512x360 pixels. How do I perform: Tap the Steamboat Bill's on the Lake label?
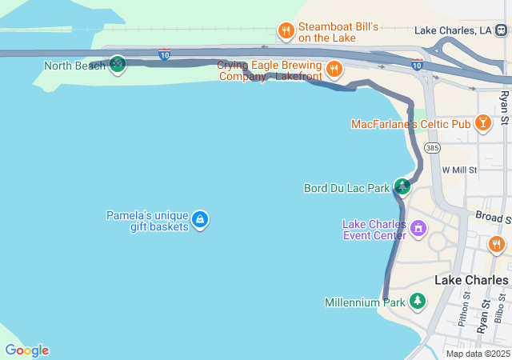338,32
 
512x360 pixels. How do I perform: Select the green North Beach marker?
118,64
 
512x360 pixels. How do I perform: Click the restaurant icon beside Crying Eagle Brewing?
334,69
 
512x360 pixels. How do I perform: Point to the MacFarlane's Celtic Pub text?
410,124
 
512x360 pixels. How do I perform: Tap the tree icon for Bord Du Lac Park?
402,187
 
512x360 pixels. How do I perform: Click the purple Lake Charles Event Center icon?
417,230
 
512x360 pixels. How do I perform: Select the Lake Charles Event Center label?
374,230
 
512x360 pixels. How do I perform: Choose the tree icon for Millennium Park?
417,302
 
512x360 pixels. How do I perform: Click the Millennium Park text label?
365,302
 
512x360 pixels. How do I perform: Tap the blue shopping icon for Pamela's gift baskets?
200,219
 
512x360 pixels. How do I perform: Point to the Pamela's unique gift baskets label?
147,221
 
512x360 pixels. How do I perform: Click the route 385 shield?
432,148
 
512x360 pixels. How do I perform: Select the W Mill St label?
459,170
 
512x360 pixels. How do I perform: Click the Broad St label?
492,217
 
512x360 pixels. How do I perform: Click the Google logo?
26,350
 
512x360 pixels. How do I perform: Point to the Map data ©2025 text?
478,354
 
